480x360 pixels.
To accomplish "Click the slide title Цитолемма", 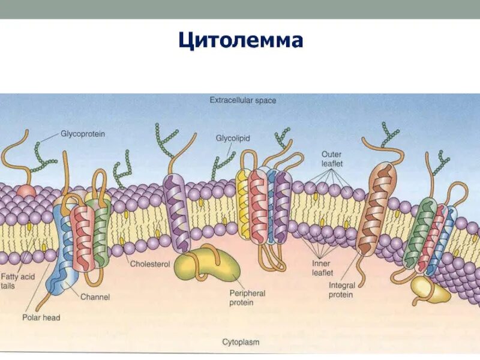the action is tap(241, 40).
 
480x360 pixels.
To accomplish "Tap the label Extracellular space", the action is tap(242, 100).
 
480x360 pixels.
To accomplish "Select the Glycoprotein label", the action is tap(83, 134).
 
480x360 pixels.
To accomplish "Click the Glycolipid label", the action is tap(233, 138).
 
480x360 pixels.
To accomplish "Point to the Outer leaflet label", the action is tap(331, 159).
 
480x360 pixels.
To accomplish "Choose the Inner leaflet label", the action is tap(322, 268).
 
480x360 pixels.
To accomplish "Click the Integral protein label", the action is tap(341, 290).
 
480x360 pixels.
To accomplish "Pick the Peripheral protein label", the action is tap(247, 298).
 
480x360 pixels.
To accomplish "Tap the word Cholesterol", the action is tap(150, 264).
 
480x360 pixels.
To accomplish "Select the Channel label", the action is tap(95, 296).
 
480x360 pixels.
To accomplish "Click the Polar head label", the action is tap(41, 317).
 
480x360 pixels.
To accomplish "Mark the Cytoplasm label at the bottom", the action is tap(241, 342).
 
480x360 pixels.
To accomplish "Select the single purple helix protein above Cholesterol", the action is tap(176, 211).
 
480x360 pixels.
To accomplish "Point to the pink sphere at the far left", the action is tap(26, 192).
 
